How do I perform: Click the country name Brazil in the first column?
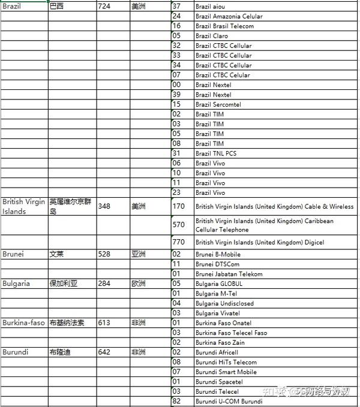pos(11,7)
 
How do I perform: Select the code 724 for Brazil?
pos(105,7)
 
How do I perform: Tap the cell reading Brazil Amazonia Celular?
pos(229,17)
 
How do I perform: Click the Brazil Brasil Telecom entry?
pos(224,26)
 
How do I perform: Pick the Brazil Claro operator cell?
pos(211,36)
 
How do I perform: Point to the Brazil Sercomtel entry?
pos(218,104)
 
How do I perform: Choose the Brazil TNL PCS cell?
pos(216,153)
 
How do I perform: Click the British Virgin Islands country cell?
pos(23,206)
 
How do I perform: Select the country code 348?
pos(105,206)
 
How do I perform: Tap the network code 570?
pos(178,225)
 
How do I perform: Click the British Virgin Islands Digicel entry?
pos(260,242)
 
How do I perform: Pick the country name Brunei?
pos(13,254)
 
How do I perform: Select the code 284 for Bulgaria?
pos(105,284)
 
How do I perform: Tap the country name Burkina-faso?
pos(23,322)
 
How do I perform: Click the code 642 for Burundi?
pos(105,352)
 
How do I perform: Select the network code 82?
pos(176,401)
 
